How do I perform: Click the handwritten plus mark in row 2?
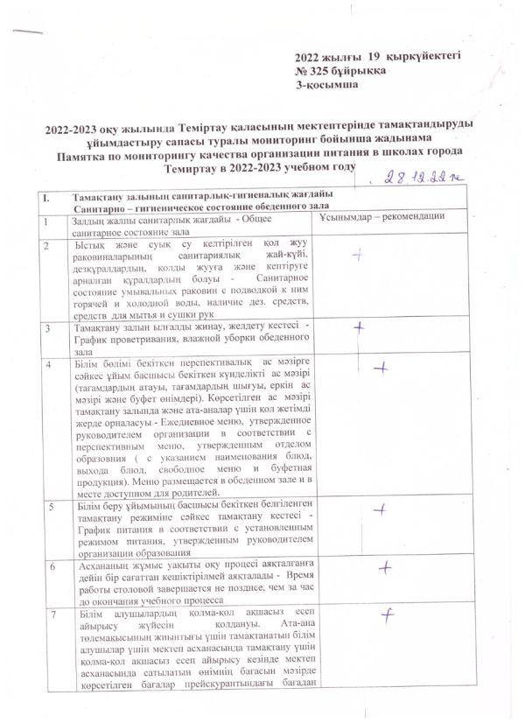(356, 255)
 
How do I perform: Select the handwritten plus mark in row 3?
(358, 327)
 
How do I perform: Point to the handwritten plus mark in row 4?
(380, 369)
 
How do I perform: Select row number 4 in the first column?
(50, 363)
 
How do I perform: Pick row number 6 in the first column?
(52, 566)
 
